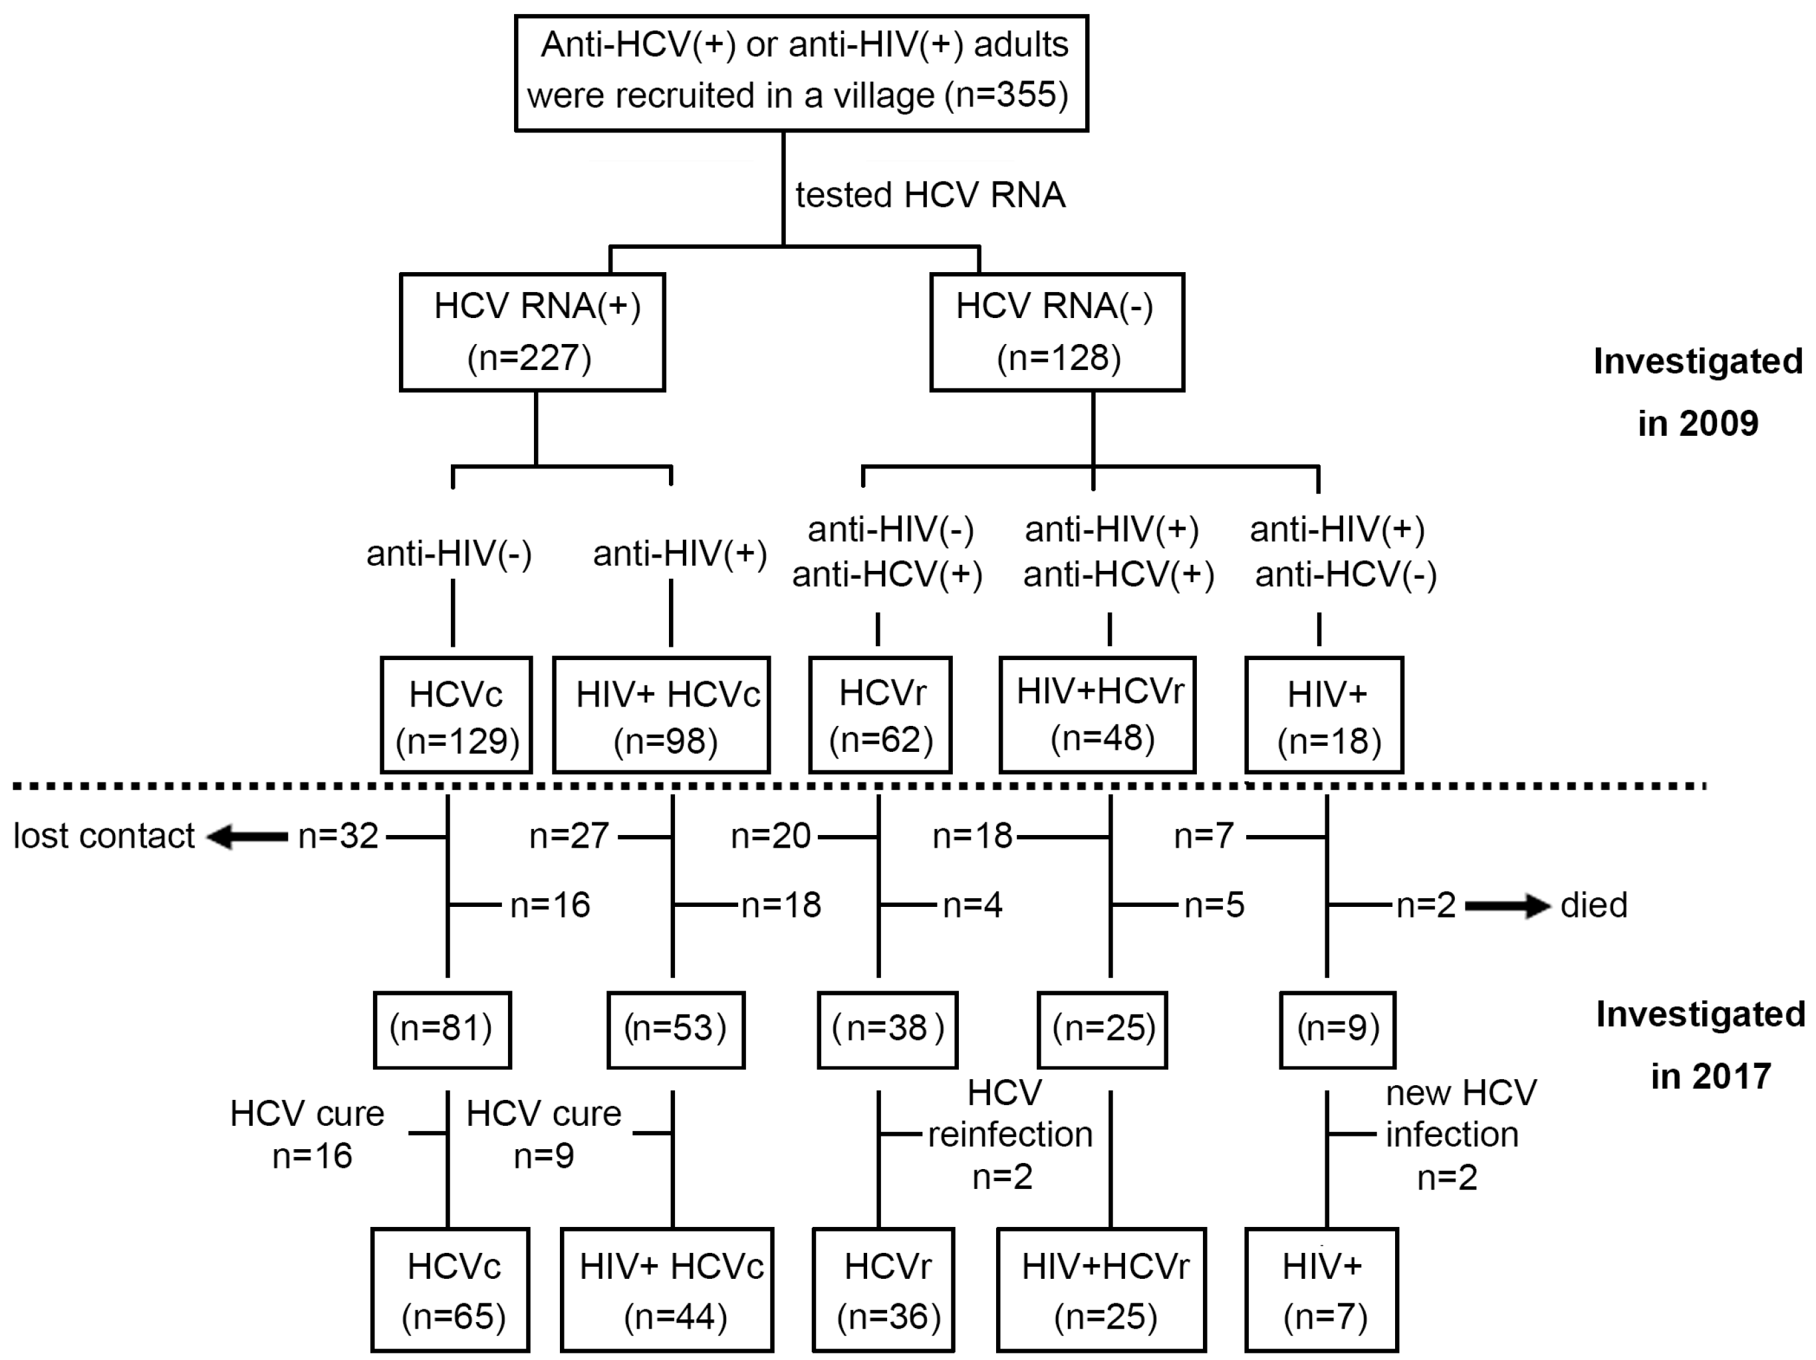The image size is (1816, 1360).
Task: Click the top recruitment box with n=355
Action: click(801, 73)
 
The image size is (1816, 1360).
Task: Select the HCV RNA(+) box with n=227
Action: click(532, 332)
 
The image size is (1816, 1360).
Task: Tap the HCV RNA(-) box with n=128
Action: click(1057, 332)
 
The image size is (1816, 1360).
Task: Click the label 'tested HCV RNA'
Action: click(930, 196)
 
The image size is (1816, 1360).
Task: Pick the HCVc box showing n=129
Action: click(456, 715)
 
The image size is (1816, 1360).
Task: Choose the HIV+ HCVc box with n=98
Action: click(662, 715)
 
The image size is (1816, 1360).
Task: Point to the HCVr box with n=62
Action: click(880, 715)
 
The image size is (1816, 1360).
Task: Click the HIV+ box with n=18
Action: click(1323, 715)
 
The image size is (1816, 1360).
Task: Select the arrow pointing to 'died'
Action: click(1507, 906)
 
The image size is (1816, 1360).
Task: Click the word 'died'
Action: click(1593, 905)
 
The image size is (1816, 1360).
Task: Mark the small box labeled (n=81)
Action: click(442, 1029)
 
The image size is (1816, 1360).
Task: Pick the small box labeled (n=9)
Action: click(1337, 1029)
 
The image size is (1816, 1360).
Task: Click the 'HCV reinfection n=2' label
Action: click(1008, 1134)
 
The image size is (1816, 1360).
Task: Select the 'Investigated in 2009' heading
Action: click(1697, 392)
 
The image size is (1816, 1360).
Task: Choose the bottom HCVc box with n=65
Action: click(450, 1290)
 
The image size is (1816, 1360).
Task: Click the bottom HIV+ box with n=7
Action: click(1321, 1290)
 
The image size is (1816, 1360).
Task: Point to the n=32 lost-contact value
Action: click(337, 836)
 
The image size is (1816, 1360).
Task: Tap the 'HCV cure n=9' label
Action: click(543, 1134)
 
